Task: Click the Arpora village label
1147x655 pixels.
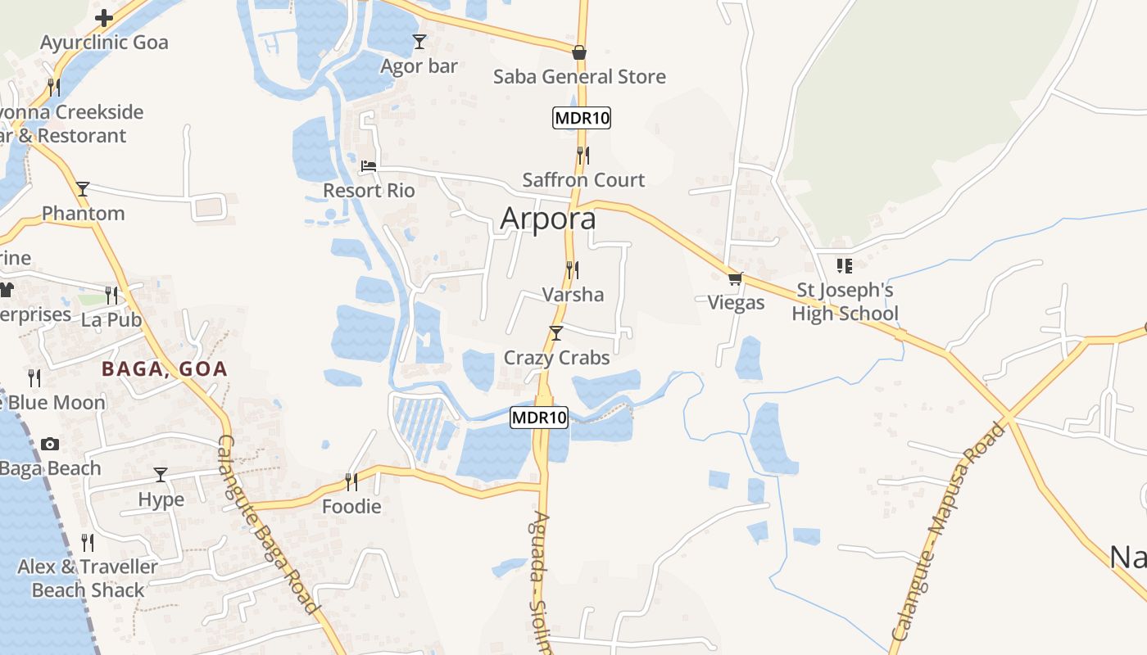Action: point(547,219)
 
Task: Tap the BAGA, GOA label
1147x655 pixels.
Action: point(164,369)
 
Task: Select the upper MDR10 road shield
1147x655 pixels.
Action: point(582,118)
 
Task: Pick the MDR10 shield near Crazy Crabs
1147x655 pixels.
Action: point(539,418)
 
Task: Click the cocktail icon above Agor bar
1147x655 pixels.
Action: point(419,42)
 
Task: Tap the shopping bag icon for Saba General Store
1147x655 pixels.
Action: point(579,53)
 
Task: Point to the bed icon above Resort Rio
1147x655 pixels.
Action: point(369,166)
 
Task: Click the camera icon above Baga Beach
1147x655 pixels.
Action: point(50,445)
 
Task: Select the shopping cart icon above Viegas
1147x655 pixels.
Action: point(736,278)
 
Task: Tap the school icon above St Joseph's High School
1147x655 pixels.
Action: point(845,266)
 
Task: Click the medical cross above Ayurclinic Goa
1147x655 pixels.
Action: point(104,18)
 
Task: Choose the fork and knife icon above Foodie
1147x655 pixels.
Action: point(351,482)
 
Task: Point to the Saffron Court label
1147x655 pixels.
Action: point(583,180)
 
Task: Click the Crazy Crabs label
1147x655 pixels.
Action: point(556,358)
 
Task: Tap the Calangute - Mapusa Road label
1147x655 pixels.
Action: point(948,532)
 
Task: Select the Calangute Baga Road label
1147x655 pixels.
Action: point(267,524)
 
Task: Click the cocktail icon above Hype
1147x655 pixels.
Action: point(161,475)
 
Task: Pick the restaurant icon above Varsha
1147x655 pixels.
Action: point(573,269)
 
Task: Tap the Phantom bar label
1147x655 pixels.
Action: point(84,214)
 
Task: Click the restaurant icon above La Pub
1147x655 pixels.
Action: point(111,295)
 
